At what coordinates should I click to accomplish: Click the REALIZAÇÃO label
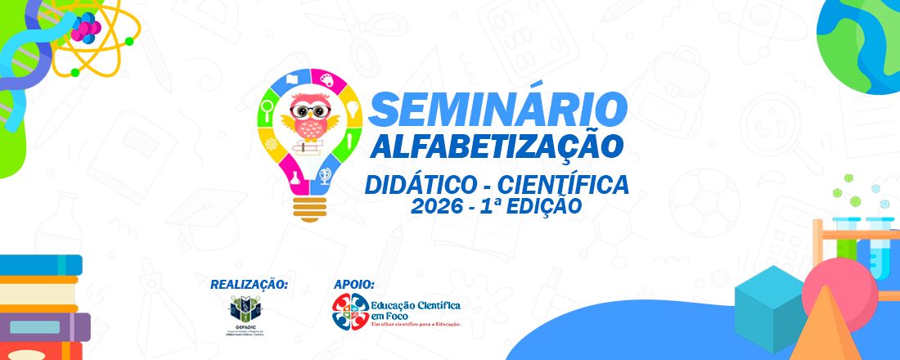tap(249, 284)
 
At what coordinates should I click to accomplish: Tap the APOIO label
tap(354, 284)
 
